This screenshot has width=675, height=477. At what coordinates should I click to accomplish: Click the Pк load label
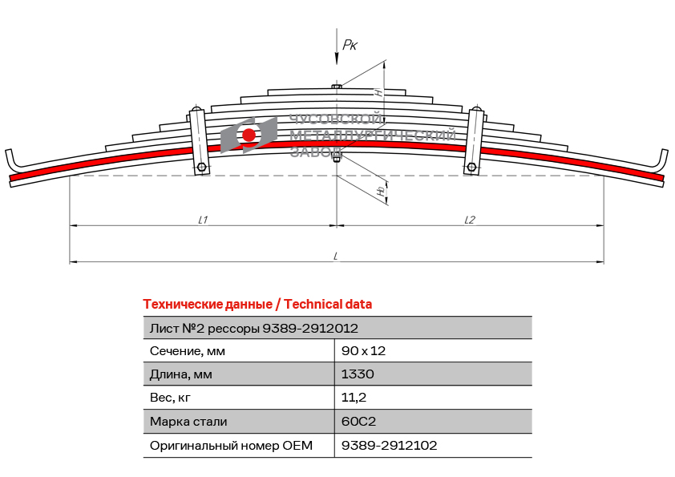(x=350, y=45)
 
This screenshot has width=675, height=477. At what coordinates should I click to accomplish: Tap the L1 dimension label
(x=203, y=220)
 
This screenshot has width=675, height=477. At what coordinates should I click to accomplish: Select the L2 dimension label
(x=469, y=220)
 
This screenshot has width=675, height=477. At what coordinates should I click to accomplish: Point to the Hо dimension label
(x=381, y=191)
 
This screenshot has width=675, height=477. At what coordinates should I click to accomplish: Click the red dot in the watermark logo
(x=249, y=135)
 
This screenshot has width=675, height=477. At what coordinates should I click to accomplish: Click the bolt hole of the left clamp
(x=201, y=167)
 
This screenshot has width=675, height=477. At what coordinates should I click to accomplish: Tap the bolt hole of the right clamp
(x=471, y=167)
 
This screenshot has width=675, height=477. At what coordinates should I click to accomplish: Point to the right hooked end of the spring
(x=661, y=162)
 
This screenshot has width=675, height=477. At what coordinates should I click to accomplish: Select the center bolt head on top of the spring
(x=337, y=87)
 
